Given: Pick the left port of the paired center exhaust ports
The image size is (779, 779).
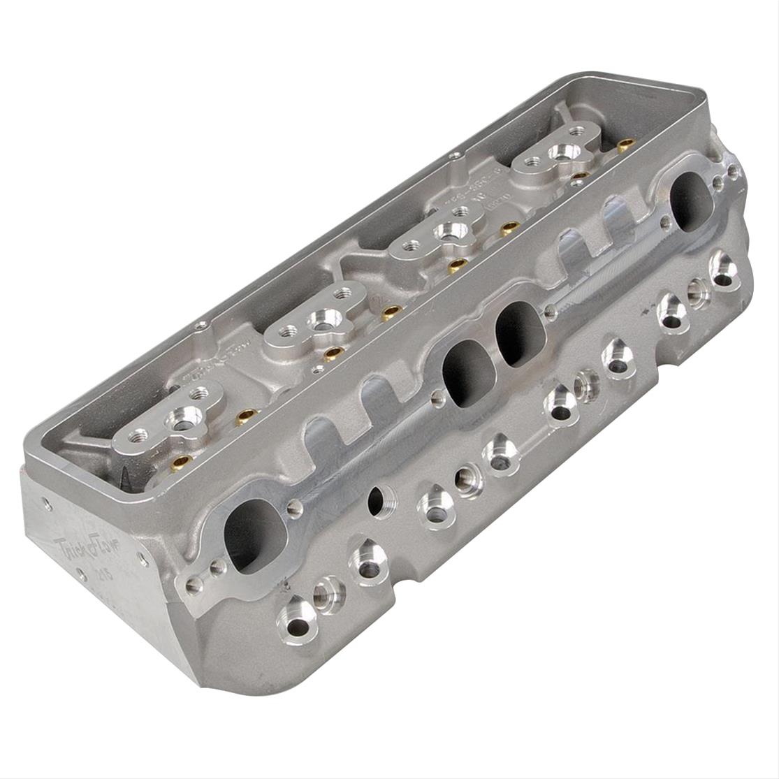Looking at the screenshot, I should point(465,370).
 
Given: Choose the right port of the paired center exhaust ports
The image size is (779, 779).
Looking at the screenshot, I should point(518,337).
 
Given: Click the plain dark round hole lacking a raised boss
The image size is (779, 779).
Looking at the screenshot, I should point(377,498).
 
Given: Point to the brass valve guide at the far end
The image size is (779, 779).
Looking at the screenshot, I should point(626,143).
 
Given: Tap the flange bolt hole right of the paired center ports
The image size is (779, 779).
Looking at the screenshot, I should point(550,312).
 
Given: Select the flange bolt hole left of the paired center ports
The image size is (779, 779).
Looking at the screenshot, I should point(437,399).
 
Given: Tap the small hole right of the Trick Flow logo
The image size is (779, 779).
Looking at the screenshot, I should point(143,558).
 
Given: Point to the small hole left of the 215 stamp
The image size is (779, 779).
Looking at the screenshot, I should point(82,577).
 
